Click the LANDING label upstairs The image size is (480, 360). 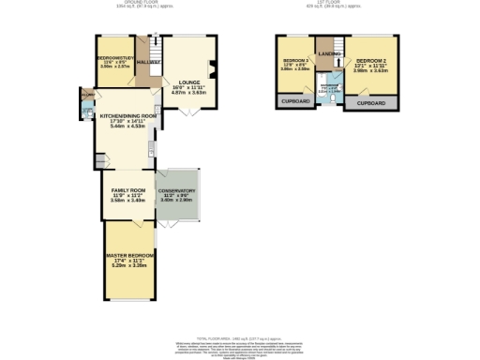coord(329,53)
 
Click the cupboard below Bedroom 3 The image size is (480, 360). coord(292,101)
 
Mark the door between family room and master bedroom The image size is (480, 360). coord(137,222)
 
